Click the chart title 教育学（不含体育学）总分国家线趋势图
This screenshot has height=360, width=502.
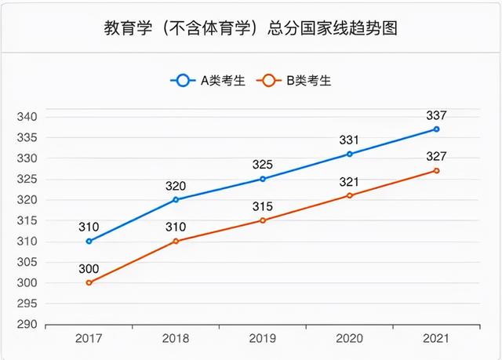coord(251,29)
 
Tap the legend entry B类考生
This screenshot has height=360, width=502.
coord(299,81)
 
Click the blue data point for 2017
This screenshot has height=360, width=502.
coord(89,242)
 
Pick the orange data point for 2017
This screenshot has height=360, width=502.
coord(89,282)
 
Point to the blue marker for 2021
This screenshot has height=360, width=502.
coord(436,129)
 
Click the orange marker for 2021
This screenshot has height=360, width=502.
coord(436,170)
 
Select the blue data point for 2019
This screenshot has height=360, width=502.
coord(263,179)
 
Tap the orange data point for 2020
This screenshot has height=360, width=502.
coord(349,195)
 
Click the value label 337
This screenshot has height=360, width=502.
coord(436,115)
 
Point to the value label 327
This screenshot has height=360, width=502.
coord(436,156)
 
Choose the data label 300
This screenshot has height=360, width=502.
coord(89,268)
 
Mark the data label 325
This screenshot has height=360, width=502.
coord(263,165)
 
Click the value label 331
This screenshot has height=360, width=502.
coord(349,140)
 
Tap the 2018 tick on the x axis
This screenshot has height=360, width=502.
coord(176,338)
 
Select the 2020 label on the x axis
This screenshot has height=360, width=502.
coord(349,338)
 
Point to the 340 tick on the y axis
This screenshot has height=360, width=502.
coord(27,117)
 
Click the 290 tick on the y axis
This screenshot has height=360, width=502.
coord(27,324)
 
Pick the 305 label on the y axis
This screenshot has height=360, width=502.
coord(27,262)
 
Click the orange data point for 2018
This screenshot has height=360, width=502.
coord(176,241)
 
